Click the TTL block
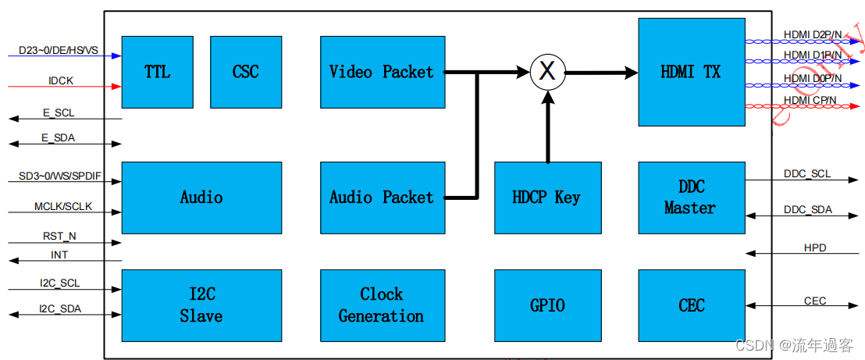[x=157, y=72]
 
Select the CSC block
[x=246, y=72]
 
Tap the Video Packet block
[x=382, y=72]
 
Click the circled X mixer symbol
[x=547, y=73]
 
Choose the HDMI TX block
[x=690, y=72]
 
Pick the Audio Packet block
[x=382, y=198]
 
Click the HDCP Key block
[x=547, y=198]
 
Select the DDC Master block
[x=690, y=198]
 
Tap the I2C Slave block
[x=201, y=305]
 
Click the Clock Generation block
[x=382, y=305]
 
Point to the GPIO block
[x=547, y=305]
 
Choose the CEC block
[x=690, y=305]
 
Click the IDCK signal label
[x=59, y=80]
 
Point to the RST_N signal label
[x=59, y=235]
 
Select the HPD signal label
[x=815, y=248]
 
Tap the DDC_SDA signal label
[x=807, y=210]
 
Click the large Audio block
[x=201, y=198]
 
